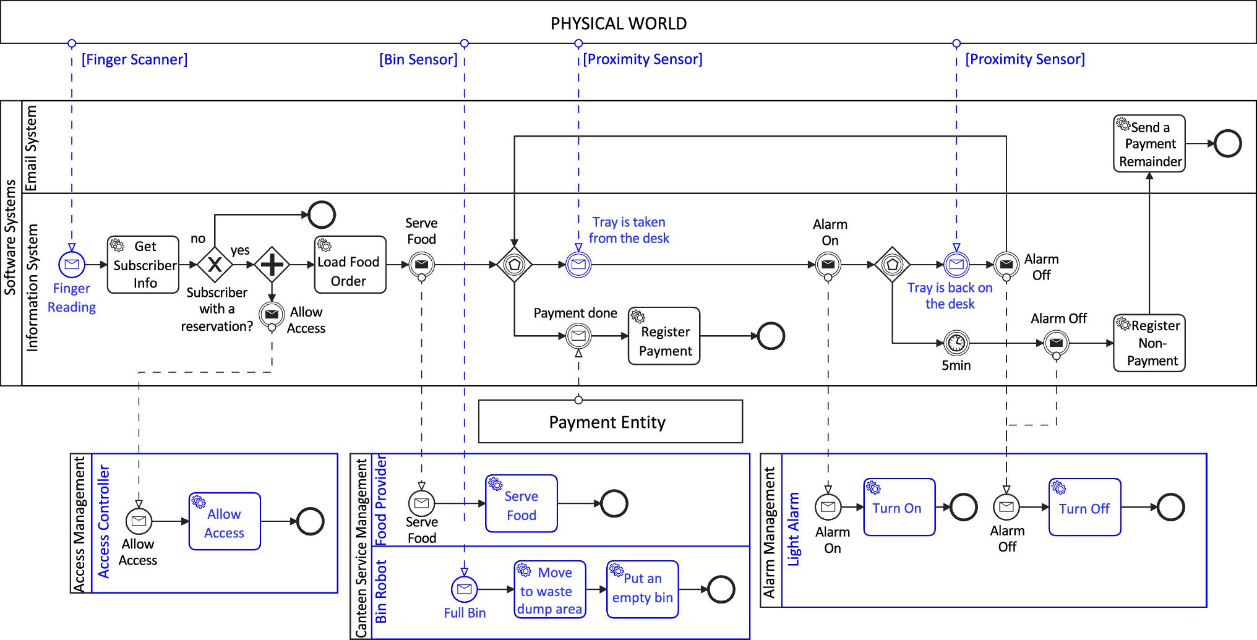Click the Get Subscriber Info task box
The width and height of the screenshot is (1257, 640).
click(x=143, y=265)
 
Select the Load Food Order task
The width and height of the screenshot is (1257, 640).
click(x=350, y=265)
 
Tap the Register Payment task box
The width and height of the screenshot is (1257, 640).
click(x=664, y=336)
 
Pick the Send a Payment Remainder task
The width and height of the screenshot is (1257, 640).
click(x=1149, y=143)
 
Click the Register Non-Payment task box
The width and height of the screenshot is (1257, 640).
click(x=1149, y=343)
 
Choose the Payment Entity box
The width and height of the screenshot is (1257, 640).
click(x=610, y=422)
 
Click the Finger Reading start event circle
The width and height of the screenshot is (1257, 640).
click(x=72, y=265)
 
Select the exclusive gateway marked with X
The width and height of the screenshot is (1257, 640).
click(x=215, y=265)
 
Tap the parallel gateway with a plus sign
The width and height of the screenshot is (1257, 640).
click(x=272, y=265)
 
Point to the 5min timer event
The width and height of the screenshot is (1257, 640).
click(x=956, y=343)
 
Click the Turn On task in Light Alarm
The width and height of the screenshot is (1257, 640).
click(x=899, y=507)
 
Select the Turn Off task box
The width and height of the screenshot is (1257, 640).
click(x=1084, y=507)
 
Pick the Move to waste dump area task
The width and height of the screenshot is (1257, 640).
click(x=550, y=589)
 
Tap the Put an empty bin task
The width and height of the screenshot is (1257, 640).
click(x=642, y=589)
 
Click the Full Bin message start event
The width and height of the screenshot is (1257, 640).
click(x=465, y=589)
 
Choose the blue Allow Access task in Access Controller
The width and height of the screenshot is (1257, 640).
click(x=225, y=521)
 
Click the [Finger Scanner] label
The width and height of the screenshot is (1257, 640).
click(x=134, y=59)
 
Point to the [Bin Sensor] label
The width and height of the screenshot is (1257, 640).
click(x=418, y=59)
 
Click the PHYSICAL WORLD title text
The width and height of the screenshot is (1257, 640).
click(x=619, y=23)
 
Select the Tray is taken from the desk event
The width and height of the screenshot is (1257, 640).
click(x=578, y=265)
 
